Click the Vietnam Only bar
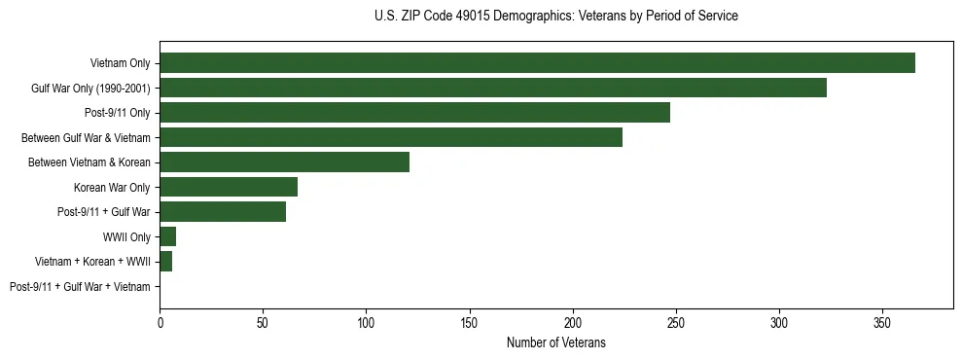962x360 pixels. point(537,63)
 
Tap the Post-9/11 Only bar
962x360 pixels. point(414,113)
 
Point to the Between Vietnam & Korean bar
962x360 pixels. point(284,162)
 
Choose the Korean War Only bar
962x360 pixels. point(229,187)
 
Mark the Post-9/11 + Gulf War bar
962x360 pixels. point(223,212)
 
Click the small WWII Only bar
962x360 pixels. point(167,236)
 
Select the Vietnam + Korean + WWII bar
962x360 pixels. point(166,262)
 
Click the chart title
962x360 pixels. point(555,17)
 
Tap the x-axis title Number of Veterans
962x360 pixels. point(555,342)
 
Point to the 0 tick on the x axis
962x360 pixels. point(160,320)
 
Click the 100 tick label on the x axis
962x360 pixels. point(366,320)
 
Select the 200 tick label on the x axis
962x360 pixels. point(573,320)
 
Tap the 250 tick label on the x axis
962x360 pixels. point(676,320)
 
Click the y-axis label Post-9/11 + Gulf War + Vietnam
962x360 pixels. point(80,287)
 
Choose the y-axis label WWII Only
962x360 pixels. point(126,237)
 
